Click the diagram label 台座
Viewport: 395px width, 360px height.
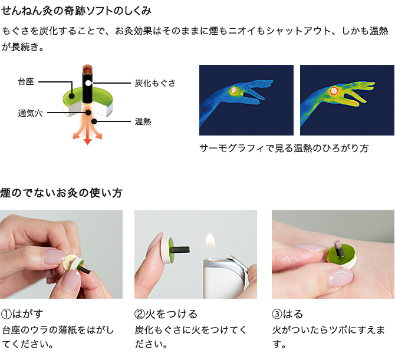[26, 82]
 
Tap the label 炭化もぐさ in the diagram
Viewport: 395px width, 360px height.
[155, 83]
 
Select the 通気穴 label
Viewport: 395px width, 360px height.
[30, 113]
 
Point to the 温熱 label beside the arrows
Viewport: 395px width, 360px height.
[143, 121]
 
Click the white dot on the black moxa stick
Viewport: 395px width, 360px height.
[87, 83]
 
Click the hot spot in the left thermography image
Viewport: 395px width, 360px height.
[234, 90]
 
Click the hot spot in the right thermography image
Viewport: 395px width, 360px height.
[334, 90]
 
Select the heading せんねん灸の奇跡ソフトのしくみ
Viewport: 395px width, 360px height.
[76, 11]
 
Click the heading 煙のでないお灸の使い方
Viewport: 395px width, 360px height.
[61, 193]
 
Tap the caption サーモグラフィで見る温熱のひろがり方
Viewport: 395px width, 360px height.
[284, 148]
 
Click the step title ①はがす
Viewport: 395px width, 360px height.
[22, 314]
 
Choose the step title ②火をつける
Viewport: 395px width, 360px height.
[166, 314]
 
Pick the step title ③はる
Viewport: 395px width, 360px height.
[287, 314]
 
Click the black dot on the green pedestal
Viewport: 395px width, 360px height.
[72, 96]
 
